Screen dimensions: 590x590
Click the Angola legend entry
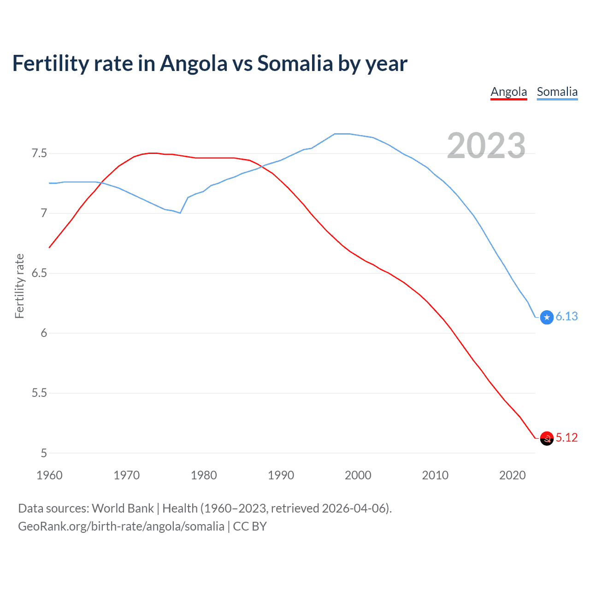(508, 92)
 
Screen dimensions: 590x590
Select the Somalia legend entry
(557, 92)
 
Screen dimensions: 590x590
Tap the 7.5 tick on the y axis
(39, 153)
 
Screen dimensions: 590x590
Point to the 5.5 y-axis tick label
(39, 393)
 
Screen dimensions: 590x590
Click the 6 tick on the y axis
(44, 333)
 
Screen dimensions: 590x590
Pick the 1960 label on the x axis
(49, 475)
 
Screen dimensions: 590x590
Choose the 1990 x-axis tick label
(281, 475)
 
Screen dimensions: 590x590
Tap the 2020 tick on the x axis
(512, 475)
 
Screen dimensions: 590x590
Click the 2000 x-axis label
(358, 475)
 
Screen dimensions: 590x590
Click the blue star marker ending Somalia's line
(547, 317)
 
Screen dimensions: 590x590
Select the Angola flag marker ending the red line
(547, 438)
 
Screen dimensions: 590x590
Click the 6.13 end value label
(566, 316)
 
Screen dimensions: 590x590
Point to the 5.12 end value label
(566, 437)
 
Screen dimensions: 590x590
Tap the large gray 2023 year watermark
(486, 146)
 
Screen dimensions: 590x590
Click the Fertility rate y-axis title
(19, 286)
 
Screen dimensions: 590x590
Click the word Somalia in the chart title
(295, 63)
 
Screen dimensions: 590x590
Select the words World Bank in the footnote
(123, 508)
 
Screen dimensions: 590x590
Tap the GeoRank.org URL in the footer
(121, 526)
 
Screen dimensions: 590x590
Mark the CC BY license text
(250, 526)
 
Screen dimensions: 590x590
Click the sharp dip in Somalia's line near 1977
(180, 213)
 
